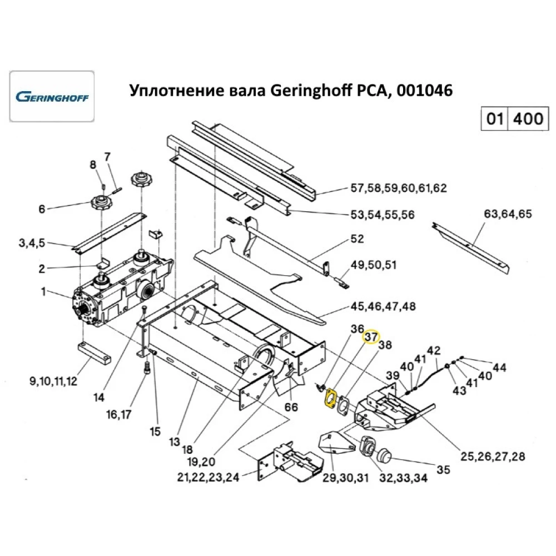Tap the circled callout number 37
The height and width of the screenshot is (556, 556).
371,337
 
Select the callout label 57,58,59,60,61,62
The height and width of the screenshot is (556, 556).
398,188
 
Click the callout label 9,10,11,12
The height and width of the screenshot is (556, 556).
53,381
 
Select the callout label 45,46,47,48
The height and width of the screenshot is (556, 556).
390,306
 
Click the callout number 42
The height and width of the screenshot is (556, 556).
434,350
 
